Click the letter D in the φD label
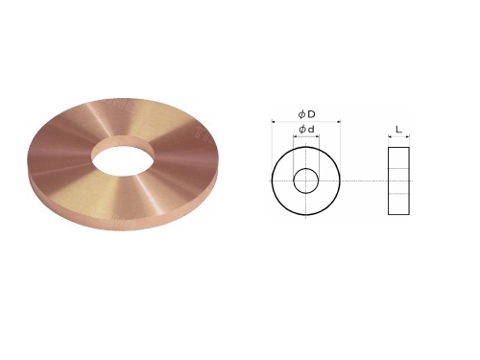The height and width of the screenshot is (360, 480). click(x=311, y=113)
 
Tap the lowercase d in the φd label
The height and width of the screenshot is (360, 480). click(x=311, y=130)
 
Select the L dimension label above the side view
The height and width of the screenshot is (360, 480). click(x=398, y=130)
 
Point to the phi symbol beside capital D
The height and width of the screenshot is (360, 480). click(x=301, y=114)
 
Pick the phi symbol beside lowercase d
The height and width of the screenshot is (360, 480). click(x=302, y=130)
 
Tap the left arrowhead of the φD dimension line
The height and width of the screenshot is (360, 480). click(x=274, y=121)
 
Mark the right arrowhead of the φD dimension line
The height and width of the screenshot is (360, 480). click(x=338, y=121)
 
